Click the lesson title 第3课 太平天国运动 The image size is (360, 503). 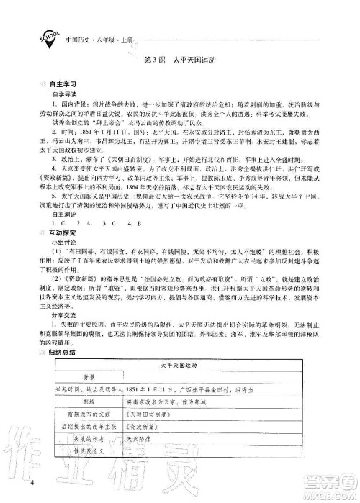tap(180, 58)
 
